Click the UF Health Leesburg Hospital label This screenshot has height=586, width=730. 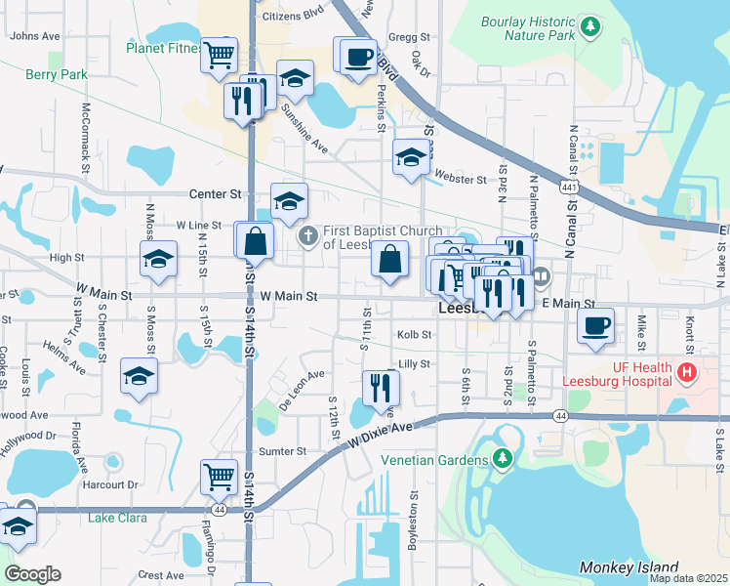(x=622, y=373)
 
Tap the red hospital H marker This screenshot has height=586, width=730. (x=687, y=372)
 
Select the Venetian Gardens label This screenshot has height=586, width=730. (x=435, y=460)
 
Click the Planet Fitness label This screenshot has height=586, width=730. (x=163, y=47)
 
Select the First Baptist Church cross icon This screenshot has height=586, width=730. (x=307, y=234)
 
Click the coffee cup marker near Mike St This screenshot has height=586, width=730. (x=595, y=326)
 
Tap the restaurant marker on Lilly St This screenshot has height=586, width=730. (x=380, y=387)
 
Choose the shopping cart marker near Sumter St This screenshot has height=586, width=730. (x=220, y=477)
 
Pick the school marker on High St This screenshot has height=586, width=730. (x=157, y=259)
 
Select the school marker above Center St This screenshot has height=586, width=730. (x=289, y=200)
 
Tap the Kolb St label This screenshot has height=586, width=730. (x=414, y=334)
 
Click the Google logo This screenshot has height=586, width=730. (x=31, y=574)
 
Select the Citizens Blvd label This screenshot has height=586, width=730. (x=292, y=17)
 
